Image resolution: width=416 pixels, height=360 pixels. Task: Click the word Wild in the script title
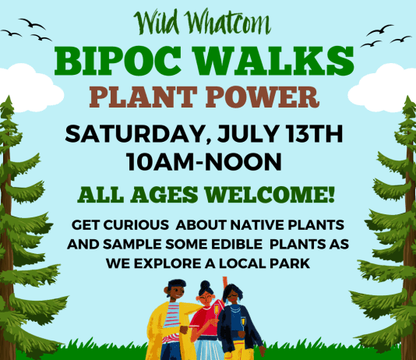point(156,23)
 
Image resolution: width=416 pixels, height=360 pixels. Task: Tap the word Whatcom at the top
point(227,23)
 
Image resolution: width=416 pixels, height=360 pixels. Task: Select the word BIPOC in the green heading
point(118,61)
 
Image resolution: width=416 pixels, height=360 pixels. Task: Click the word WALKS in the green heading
point(275,61)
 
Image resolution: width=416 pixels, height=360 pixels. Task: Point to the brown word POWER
point(263,97)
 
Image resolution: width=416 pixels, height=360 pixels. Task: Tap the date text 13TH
point(315,134)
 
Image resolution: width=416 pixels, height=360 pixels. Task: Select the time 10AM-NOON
point(204,161)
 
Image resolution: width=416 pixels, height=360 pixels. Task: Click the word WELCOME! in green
point(270,195)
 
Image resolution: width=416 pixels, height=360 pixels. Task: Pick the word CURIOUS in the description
point(136,225)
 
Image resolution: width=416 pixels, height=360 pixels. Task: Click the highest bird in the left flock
point(32,23)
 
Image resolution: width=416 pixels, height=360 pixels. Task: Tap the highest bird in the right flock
point(380,30)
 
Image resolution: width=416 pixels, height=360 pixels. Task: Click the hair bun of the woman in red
point(205,285)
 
